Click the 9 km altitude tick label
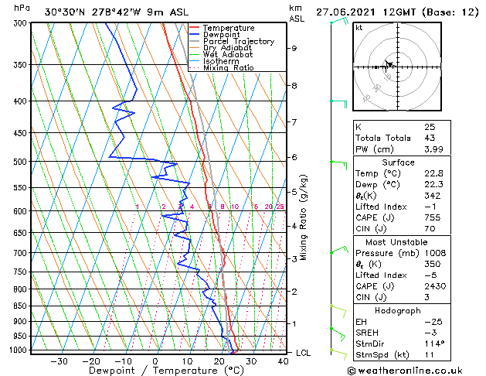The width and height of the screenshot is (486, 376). pos(294,48)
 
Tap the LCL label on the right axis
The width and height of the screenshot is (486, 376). pos(304,353)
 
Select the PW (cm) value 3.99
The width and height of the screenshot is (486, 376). pos(433,149)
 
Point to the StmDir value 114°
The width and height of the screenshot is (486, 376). pos(434,344)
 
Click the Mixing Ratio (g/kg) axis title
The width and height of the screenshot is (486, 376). pos(304,217)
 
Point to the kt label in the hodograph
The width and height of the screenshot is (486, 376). pos(359,27)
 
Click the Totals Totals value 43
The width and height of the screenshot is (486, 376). pos(429,138)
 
